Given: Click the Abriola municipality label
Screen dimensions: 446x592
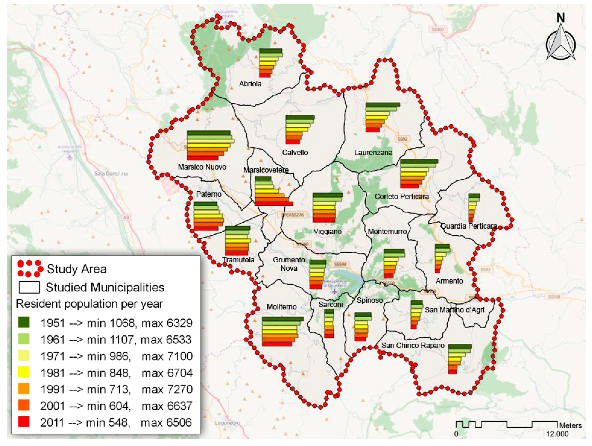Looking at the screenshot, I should (x=250, y=84).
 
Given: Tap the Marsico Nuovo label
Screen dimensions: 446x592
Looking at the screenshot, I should (x=202, y=167).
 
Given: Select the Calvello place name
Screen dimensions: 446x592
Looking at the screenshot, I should (x=295, y=152).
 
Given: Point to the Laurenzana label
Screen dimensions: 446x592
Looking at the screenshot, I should (x=373, y=152).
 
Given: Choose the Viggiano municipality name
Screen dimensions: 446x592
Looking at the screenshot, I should (x=327, y=231).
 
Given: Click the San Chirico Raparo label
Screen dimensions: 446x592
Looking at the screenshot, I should (x=413, y=345).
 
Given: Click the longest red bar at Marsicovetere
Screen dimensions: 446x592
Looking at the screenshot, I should (x=274, y=204).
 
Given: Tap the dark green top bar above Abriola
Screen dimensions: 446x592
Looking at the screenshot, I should (x=271, y=51).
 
